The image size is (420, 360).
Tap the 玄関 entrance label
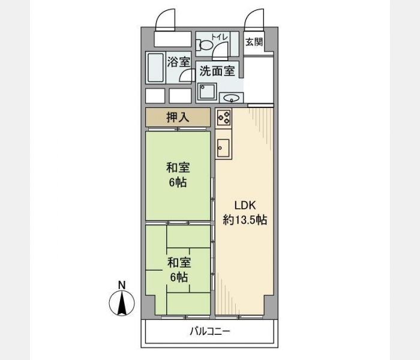tap(254, 42)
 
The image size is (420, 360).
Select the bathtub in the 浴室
tap(155, 68)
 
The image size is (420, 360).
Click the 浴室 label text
tap(179, 62)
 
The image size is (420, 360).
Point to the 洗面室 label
tap(217, 71)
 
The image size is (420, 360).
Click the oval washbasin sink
tap(232, 98)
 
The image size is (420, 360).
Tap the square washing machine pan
tap(206, 92)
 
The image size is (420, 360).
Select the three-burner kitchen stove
tap(224, 118)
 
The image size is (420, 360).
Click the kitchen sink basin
tap(223, 148)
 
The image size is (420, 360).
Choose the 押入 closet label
tap(178, 118)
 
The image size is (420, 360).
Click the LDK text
tap(245, 206)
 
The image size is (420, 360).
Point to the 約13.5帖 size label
tap(245, 220)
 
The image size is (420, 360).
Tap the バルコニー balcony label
tap(210, 332)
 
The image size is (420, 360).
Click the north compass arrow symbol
tap(122, 303)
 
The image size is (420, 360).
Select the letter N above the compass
tap(122, 285)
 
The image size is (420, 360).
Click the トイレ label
tap(220, 37)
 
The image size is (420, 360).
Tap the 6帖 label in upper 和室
tap(178, 182)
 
